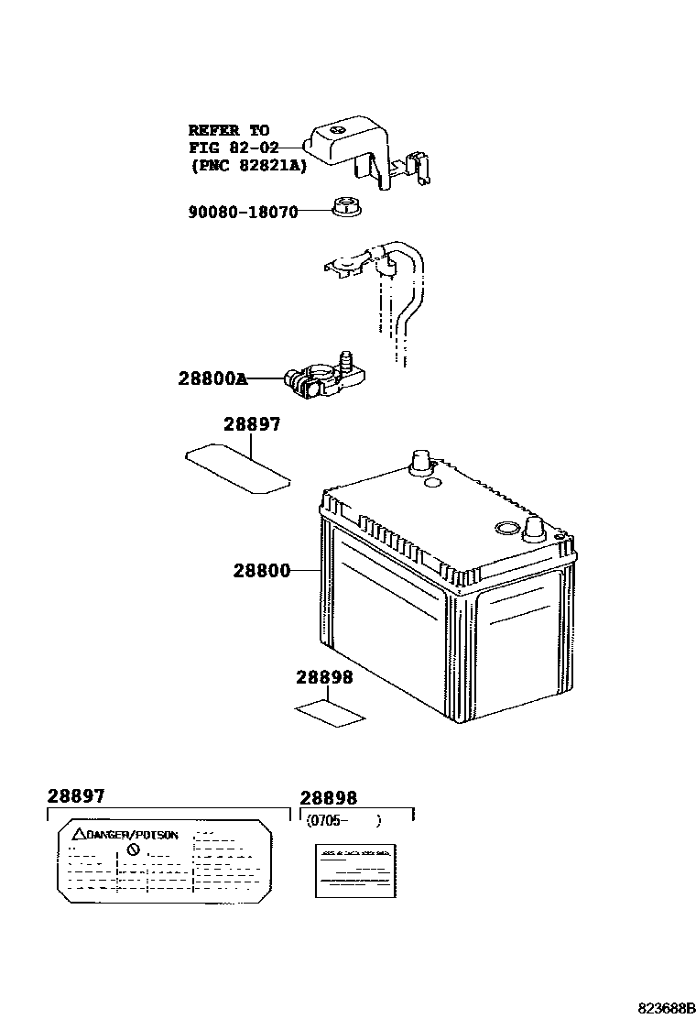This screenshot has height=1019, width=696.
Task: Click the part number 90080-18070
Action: pyautogui.click(x=244, y=212)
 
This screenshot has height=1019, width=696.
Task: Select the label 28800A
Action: pyautogui.click(x=212, y=378)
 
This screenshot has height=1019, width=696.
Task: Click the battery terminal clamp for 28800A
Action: pyautogui.click(x=321, y=378)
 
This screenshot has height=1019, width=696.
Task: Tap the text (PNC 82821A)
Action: pyautogui.click(x=248, y=166)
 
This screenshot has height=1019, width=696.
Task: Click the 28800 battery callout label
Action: pyautogui.click(x=261, y=570)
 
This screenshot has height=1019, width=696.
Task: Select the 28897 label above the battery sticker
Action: pyautogui.click(x=252, y=425)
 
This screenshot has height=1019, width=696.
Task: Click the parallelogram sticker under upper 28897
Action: pyautogui.click(x=237, y=466)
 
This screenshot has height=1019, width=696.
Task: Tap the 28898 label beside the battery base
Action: pyautogui.click(x=323, y=678)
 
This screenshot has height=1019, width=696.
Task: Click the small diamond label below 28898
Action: pyautogui.click(x=328, y=712)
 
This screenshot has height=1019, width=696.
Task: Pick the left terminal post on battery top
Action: pyautogui.click(x=419, y=460)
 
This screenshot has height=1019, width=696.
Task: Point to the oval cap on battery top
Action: pyautogui.click(x=506, y=527)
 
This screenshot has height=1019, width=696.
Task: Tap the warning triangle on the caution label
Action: pyautogui.click(x=79, y=835)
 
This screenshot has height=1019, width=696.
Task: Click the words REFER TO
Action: pyautogui.click(x=229, y=130)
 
